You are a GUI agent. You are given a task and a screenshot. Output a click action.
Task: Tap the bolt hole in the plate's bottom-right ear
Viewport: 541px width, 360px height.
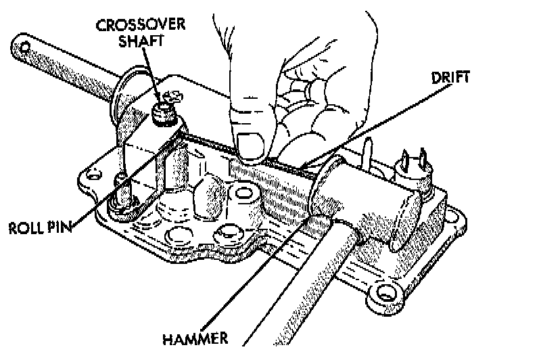[x=386, y=292]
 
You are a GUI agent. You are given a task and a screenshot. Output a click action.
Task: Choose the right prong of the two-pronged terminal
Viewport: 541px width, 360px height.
[x=423, y=159]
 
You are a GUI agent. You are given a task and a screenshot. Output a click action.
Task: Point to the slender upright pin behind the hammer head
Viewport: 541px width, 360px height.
[x=369, y=152]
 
